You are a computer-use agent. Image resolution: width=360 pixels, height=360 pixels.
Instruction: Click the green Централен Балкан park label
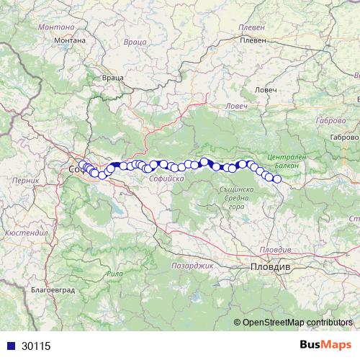(287, 161)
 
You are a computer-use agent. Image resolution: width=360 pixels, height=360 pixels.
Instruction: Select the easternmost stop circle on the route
(277, 179)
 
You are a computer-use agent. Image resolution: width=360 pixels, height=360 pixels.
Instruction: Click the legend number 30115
(36, 346)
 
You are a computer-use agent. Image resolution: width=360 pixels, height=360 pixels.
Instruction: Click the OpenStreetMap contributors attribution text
(297, 322)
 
